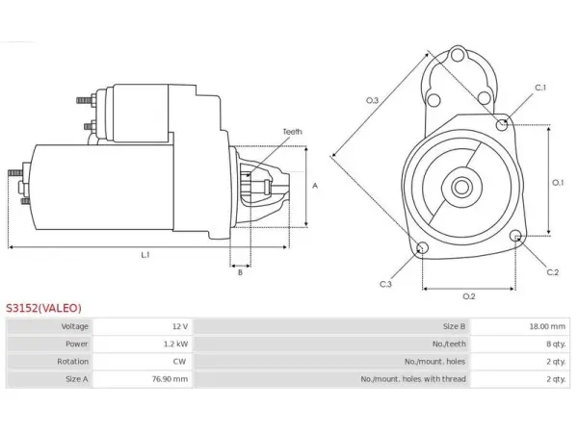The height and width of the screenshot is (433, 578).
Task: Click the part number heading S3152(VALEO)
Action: tap(43, 308)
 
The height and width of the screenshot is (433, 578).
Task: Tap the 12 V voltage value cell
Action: tap(180, 326)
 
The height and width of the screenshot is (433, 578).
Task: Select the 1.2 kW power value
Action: tap(176, 344)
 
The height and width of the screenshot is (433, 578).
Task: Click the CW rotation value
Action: tap(179, 361)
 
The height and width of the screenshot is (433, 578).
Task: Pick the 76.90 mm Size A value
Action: tap(170, 379)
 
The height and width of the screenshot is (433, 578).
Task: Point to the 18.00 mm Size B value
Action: tap(547, 326)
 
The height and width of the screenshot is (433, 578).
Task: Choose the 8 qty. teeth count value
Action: tap(556, 344)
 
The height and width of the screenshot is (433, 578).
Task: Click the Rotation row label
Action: tap(72, 361)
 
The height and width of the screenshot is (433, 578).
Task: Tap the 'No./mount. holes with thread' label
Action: tap(413, 379)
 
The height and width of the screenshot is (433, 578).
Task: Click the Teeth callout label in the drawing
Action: tap(292, 132)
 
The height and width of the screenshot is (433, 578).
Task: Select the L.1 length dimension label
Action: tap(145, 254)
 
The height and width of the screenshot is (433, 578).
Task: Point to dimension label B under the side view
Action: tap(240, 272)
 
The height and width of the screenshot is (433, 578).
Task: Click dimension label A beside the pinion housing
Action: tap(315, 186)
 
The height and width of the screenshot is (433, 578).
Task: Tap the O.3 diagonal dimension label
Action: tap(372, 100)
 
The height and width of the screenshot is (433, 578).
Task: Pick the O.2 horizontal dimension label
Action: tap(469, 296)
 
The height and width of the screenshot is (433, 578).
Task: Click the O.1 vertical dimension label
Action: tap(558, 182)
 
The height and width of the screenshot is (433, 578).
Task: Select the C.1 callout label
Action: tap(540, 88)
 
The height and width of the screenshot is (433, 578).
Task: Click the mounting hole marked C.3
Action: tap(422, 247)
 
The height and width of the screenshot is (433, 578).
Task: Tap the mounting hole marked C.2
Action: tap(516, 236)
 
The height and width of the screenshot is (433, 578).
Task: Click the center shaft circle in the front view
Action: tap(461, 187)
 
